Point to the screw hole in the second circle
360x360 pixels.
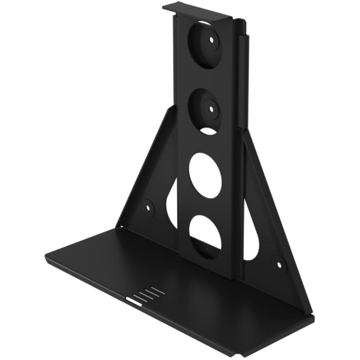(x=212, y=108)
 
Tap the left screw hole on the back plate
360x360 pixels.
(x=149, y=205)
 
